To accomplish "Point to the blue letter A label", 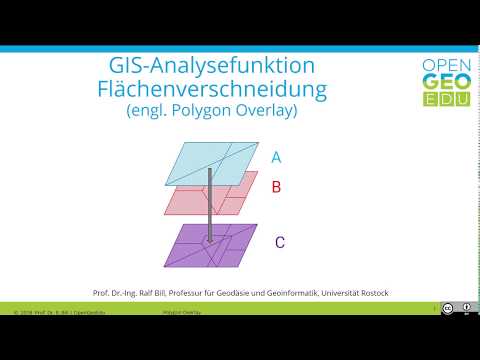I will pyautogui.click(x=276, y=157).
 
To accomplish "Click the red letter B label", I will pyautogui.click(x=277, y=187).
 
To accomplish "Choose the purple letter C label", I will pyautogui.click(x=279, y=242).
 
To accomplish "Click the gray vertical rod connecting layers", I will pyautogui.click(x=208, y=205).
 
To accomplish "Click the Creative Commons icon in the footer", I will pyautogui.click(x=447, y=308).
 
